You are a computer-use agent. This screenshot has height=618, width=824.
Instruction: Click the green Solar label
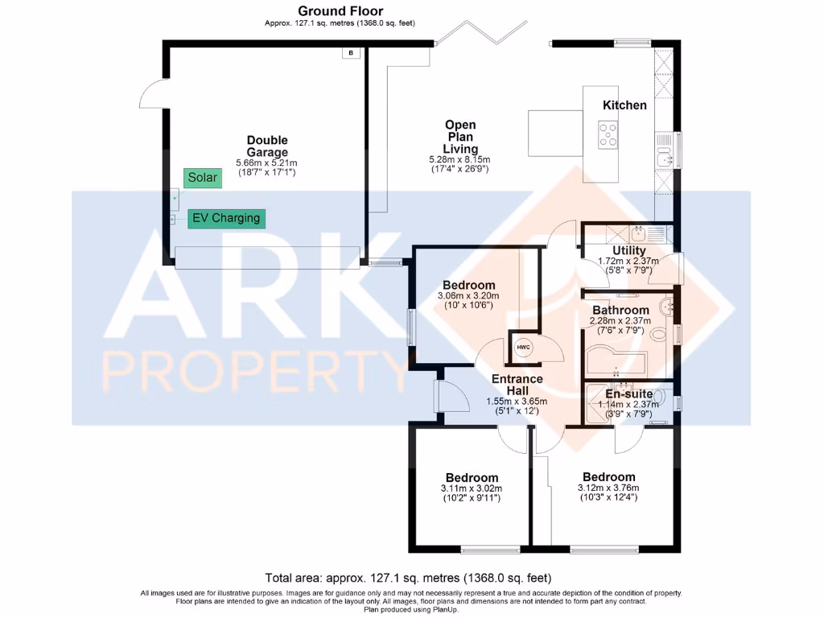pos(202,177)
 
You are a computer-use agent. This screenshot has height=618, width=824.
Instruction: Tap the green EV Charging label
pos(225,217)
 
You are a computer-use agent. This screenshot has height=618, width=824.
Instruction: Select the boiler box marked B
pos(351,53)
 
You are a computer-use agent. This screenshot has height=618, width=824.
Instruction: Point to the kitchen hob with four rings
pos(608,134)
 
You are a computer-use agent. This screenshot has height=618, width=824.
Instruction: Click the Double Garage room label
pos(267,146)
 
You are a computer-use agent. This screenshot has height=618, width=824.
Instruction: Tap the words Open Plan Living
pos(460,137)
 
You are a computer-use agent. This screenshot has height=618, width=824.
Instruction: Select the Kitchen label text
pos(624,105)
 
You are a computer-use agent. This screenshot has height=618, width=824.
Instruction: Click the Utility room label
pos(628,251)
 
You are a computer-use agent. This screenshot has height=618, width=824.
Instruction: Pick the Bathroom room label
pos(620,310)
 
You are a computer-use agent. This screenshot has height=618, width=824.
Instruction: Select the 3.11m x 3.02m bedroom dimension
pos(471,488)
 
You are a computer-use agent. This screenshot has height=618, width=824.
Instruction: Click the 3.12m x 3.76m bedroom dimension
pos(608,487)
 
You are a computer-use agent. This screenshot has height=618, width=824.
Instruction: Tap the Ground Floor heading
pos(340,11)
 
